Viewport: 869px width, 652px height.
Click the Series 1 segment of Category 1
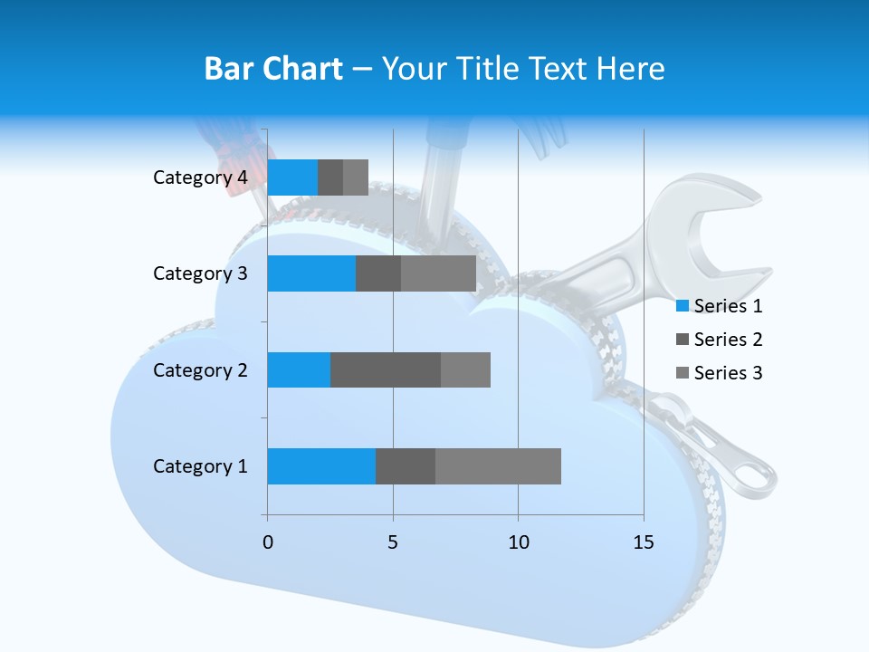(x=321, y=466)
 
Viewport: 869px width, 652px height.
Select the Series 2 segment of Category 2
(x=386, y=369)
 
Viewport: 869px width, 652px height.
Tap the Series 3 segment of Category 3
(x=438, y=273)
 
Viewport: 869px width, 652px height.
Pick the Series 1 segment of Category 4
(x=292, y=177)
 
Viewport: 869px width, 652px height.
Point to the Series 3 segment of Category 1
(x=498, y=466)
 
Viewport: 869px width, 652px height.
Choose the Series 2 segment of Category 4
(x=330, y=177)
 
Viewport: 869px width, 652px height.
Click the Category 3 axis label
(x=200, y=273)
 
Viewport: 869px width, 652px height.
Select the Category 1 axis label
(x=200, y=466)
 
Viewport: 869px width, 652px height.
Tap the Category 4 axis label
(x=200, y=177)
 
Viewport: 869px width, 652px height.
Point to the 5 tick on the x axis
(x=393, y=542)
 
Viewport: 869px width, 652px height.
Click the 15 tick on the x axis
(x=644, y=542)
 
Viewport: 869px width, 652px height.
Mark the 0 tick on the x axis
(x=267, y=542)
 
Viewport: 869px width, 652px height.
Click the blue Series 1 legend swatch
(x=683, y=306)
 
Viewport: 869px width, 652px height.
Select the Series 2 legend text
(x=728, y=340)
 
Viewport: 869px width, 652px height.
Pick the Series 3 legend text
(x=728, y=373)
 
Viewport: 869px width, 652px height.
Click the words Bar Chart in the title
(x=273, y=69)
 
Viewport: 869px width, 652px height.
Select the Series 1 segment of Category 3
(x=311, y=273)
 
